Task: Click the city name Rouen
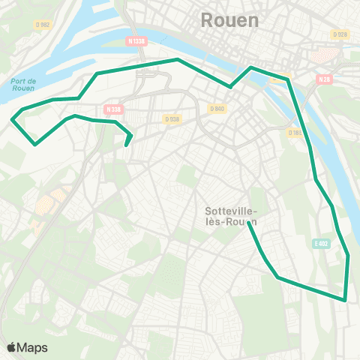pyautogui.click(x=229, y=21)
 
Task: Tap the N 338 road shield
pyautogui.click(x=113, y=109)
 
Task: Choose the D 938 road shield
pyautogui.click(x=172, y=118)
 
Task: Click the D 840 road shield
pyautogui.click(x=217, y=109)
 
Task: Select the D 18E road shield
pyautogui.click(x=295, y=133)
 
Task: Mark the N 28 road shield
pyautogui.click(x=324, y=79)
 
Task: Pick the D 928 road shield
pyautogui.click(x=340, y=34)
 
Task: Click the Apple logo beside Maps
pyautogui.click(x=11, y=347)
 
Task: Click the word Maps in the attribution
pyautogui.click(x=33, y=347)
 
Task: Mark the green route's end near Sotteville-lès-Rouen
pyautogui.click(x=248, y=224)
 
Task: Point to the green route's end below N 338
pyautogui.click(x=127, y=145)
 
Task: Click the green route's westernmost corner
pyautogui.click(x=12, y=118)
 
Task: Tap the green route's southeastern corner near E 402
pyautogui.click(x=345, y=300)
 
